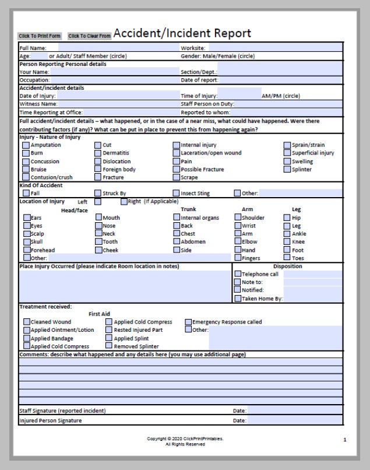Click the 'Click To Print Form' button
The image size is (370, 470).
[40, 36]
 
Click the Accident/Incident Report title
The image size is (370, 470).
[182, 33]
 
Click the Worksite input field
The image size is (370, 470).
[274, 48]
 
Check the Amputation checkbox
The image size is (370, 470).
[26, 145]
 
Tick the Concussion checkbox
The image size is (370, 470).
[26, 162]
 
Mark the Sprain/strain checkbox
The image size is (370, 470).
[287, 145]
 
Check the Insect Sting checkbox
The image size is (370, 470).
[176, 193]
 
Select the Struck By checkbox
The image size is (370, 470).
[98, 193]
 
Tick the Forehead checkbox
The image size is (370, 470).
[27, 250]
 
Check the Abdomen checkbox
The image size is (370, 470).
[176, 242]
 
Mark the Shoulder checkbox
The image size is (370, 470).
[237, 218]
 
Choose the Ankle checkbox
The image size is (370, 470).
[287, 234]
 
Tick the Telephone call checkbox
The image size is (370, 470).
[237, 274]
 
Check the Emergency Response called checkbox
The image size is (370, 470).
[188, 322]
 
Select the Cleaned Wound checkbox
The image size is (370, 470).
[27, 322]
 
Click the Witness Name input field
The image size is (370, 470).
[118, 104]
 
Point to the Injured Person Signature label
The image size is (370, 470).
[51, 420]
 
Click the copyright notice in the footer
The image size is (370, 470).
[185, 439]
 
